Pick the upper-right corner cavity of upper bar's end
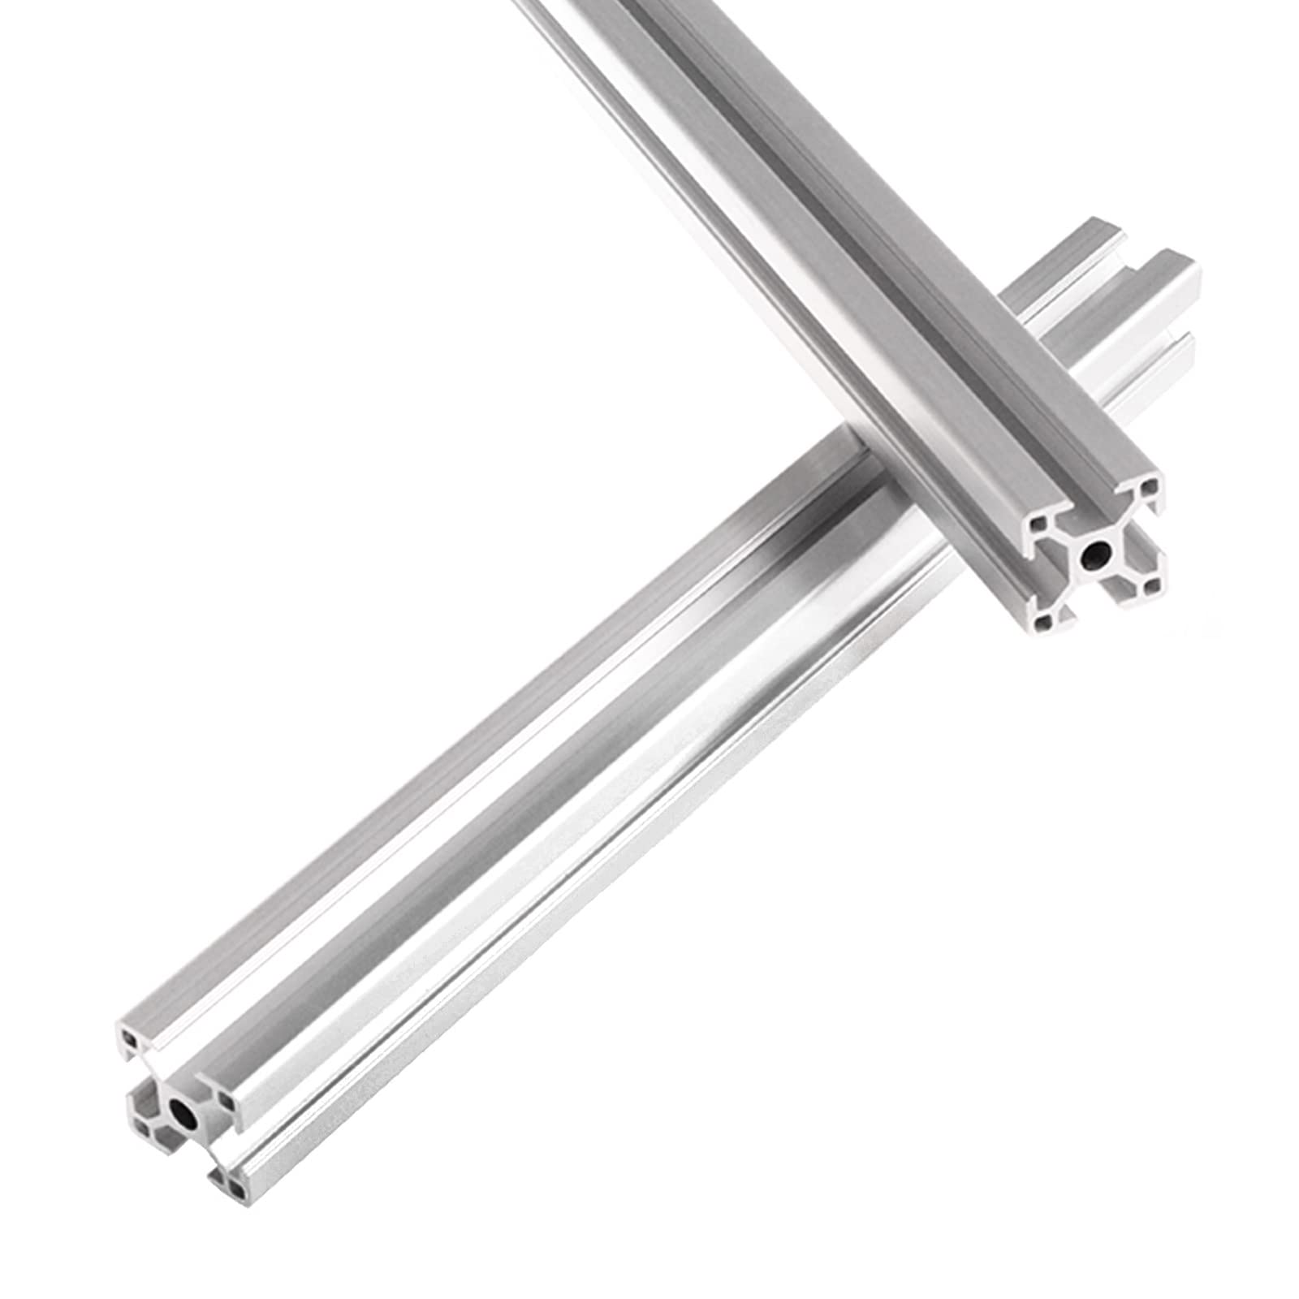[1149, 490]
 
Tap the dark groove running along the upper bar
[812, 203]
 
